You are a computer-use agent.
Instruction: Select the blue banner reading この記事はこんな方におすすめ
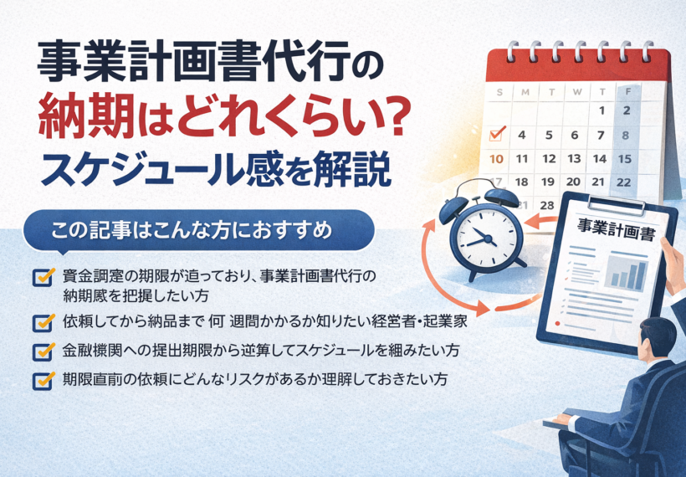click(199, 230)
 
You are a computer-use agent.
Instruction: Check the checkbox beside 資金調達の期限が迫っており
click(44, 276)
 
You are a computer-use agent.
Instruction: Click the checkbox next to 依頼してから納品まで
click(44, 322)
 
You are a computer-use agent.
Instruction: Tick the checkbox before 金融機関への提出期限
click(44, 351)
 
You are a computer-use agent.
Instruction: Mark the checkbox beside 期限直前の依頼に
click(44, 380)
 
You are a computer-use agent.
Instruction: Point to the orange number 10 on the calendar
click(496, 158)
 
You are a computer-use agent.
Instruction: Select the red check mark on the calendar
click(497, 133)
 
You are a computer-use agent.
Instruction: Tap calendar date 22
click(624, 182)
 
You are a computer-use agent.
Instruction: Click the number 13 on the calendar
click(574, 158)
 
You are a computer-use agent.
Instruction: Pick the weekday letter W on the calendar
click(577, 92)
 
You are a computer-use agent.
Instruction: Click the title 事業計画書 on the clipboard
click(616, 229)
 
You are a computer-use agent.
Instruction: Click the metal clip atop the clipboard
click(617, 205)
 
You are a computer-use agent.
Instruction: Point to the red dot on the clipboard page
click(557, 324)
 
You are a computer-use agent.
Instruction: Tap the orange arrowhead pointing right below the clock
click(483, 308)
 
